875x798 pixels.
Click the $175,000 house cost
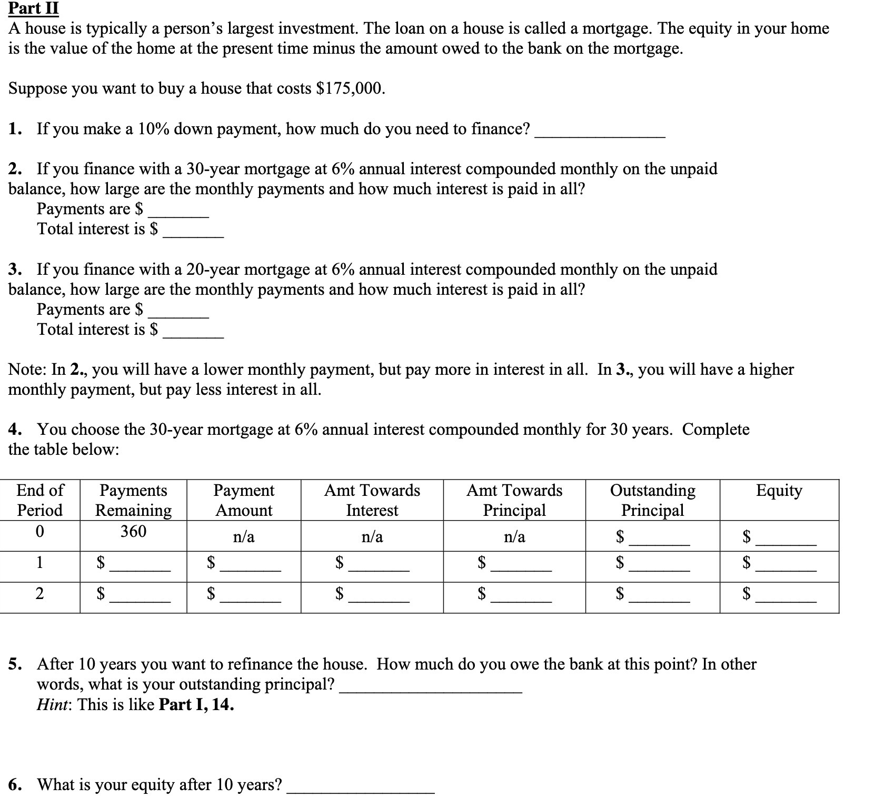[x=350, y=88]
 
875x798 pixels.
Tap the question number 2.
[x=15, y=169]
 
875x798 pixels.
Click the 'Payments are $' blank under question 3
[x=178, y=313]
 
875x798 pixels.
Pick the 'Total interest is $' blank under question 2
[x=193, y=233]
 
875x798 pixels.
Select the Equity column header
[x=779, y=491]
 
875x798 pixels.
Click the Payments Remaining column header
[x=133, y=500]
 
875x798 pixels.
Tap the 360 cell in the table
[x=133, y=531]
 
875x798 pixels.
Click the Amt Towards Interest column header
[x=372, y=500]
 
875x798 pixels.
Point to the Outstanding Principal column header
[x=652, y=500]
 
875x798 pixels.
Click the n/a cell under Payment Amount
[x=243, y=536]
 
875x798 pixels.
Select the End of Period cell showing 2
[x=39, y=594]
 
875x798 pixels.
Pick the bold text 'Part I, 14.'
[x=196, y=704]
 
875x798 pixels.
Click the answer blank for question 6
[x=361, y=788]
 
